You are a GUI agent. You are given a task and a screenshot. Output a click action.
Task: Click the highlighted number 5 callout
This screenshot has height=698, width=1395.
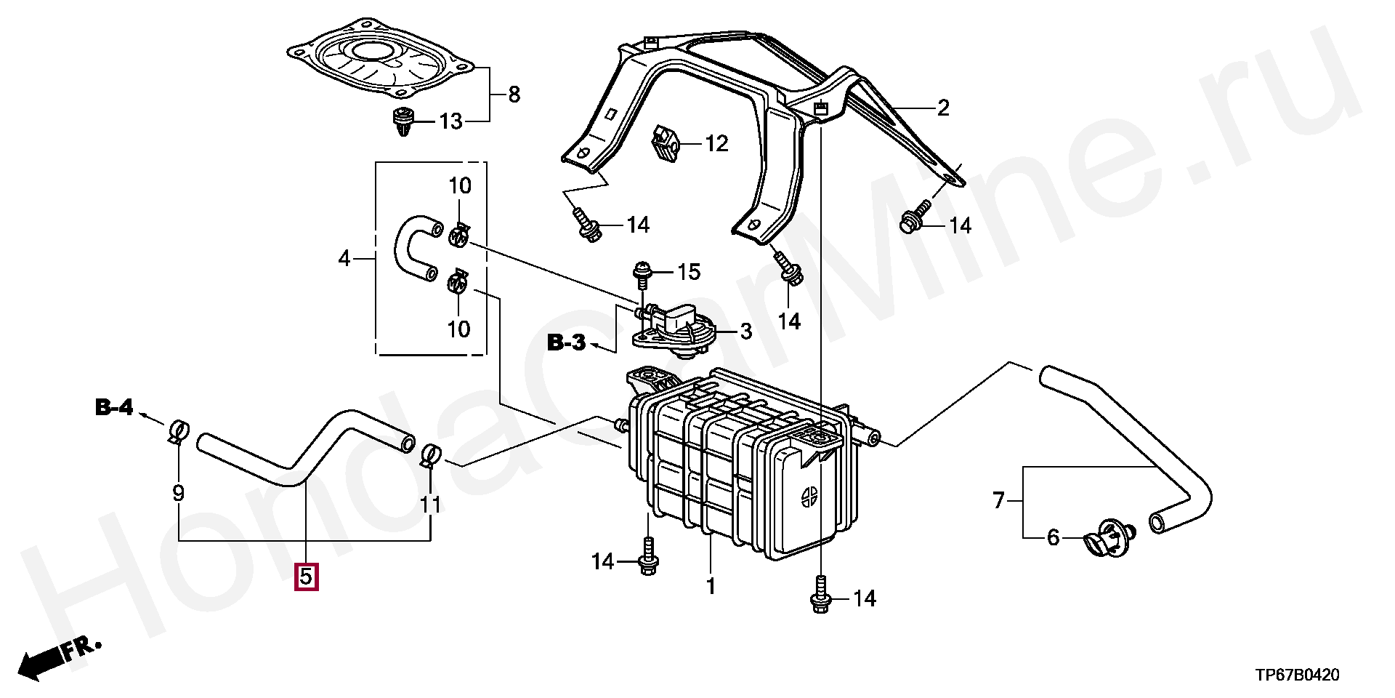coord(306,577)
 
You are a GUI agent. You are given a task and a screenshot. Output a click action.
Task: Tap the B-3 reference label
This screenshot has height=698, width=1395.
coord(566,342)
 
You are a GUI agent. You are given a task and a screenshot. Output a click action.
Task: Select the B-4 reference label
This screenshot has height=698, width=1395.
coord(114,407)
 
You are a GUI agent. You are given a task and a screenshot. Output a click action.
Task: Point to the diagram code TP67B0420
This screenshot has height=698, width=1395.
coord(1298,675)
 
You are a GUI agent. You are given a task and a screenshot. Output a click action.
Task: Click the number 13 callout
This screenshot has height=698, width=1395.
coord(450,121)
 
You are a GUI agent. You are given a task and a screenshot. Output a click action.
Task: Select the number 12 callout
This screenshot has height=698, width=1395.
coord(716,143)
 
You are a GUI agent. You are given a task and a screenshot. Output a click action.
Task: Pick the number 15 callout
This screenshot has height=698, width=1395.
coord(689,272)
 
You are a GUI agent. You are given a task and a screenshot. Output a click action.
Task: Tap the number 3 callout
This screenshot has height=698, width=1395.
coord(746,332)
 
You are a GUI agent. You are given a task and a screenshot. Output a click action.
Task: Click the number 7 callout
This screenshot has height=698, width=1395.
coord(999,500)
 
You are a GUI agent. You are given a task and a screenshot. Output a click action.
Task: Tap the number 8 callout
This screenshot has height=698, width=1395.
coord(514,94)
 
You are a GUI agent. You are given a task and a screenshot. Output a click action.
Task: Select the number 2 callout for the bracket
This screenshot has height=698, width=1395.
coord(943,108)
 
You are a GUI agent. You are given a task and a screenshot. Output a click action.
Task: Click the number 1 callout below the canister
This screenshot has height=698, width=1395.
coord(711,585)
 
